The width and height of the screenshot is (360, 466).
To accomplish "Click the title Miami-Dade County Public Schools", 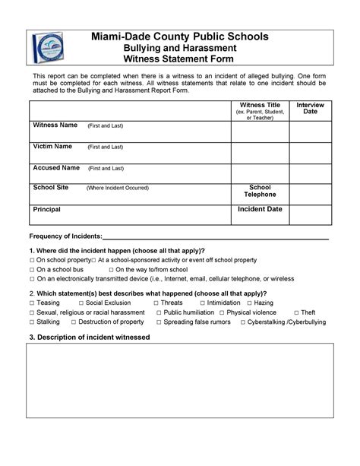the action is [179, 36].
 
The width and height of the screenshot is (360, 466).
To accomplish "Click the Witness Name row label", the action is [55, 125].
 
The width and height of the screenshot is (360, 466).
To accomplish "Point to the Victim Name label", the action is [52, 146].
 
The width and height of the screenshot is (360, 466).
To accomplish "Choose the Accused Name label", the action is [55, 167].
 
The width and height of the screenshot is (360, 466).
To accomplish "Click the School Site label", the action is [50, 187].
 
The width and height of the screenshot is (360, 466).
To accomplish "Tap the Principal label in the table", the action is [46, 208].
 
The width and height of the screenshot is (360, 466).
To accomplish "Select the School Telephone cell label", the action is [260, 191].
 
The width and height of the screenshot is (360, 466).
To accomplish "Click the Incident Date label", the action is [260, 208].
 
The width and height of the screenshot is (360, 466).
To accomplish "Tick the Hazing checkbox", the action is [248, 303].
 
